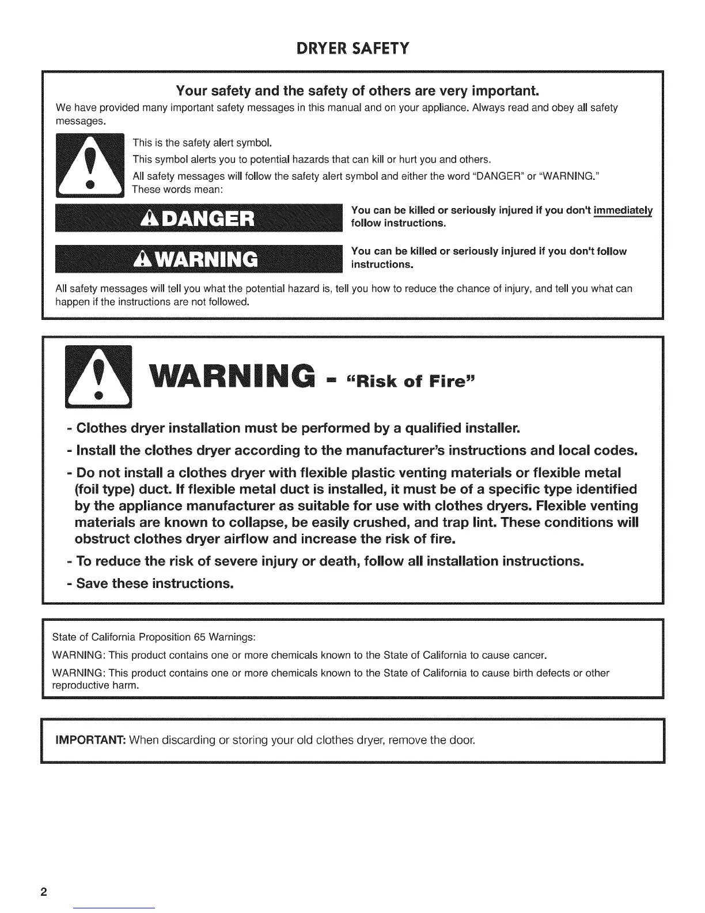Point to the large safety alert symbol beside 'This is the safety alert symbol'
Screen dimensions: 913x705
pyautogui.click(x=89, y=165)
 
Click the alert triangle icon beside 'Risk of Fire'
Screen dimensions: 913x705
pyautogui.click(x=98, y=375)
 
